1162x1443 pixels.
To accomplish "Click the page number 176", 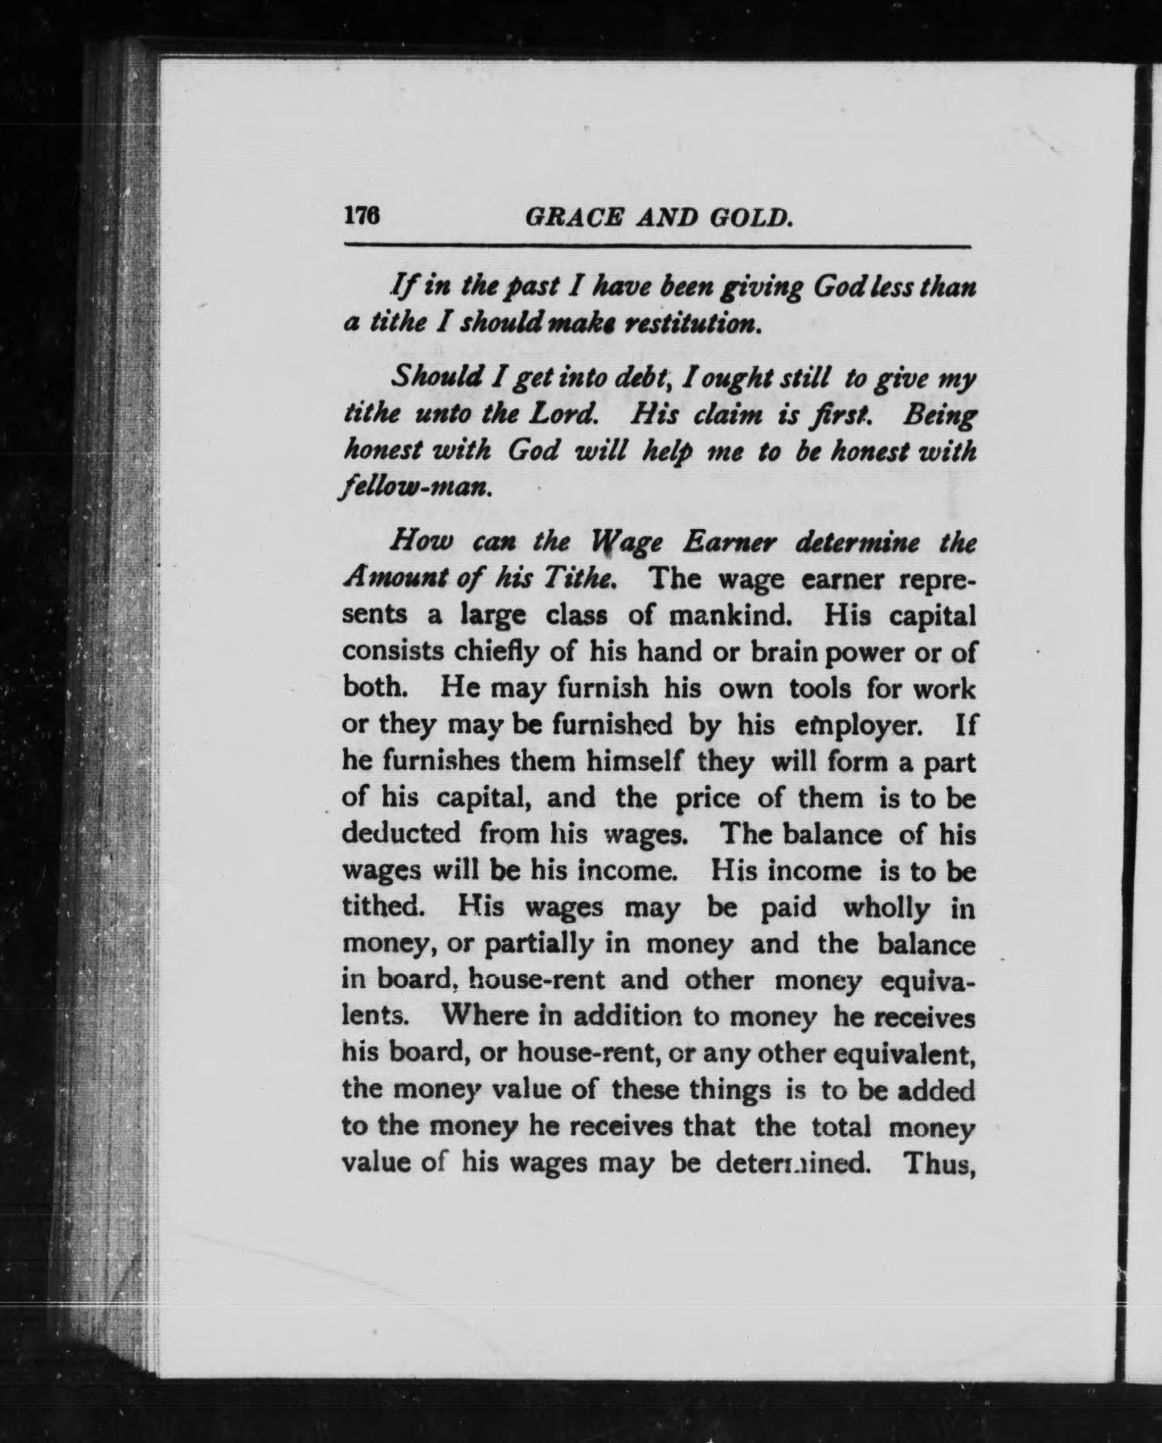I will point(361,217).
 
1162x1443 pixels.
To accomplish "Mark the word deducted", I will point(401,834).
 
